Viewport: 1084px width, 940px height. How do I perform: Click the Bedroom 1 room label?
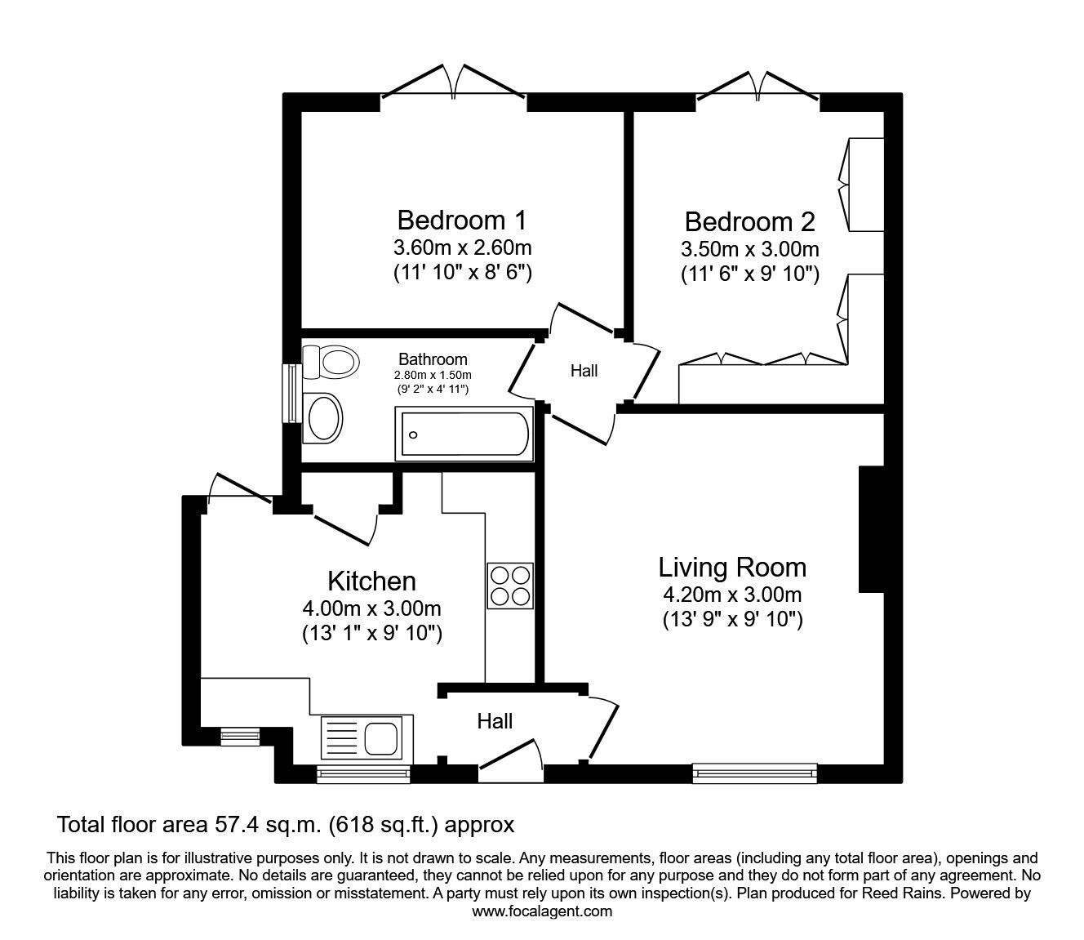pos(462,221)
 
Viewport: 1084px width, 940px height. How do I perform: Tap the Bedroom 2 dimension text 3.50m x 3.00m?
pos(749,249)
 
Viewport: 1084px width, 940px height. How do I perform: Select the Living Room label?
pos(732,567)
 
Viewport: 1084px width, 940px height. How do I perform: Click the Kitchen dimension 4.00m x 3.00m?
pos(371,608)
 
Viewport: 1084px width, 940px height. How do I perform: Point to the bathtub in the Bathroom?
pos(464,434)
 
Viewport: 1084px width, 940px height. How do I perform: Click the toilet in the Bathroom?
pos(331,360)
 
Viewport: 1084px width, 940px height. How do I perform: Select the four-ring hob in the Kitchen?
pos(510,586)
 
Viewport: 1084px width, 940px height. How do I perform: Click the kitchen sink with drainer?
pos(367,737)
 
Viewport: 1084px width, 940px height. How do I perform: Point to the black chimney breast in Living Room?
pos(871,529)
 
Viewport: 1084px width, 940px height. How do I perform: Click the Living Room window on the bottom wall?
pos(754,773)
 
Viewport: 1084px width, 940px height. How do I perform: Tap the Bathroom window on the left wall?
pos(290,393)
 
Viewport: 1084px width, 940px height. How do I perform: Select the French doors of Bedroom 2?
pos(757,86)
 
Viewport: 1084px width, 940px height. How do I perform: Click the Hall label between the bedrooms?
pos(584,371)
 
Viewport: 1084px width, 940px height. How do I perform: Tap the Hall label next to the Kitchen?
pos(495,720)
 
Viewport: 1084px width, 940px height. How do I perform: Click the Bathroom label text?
pos(433,359)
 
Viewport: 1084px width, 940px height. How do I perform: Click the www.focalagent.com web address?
pos(542,911)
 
